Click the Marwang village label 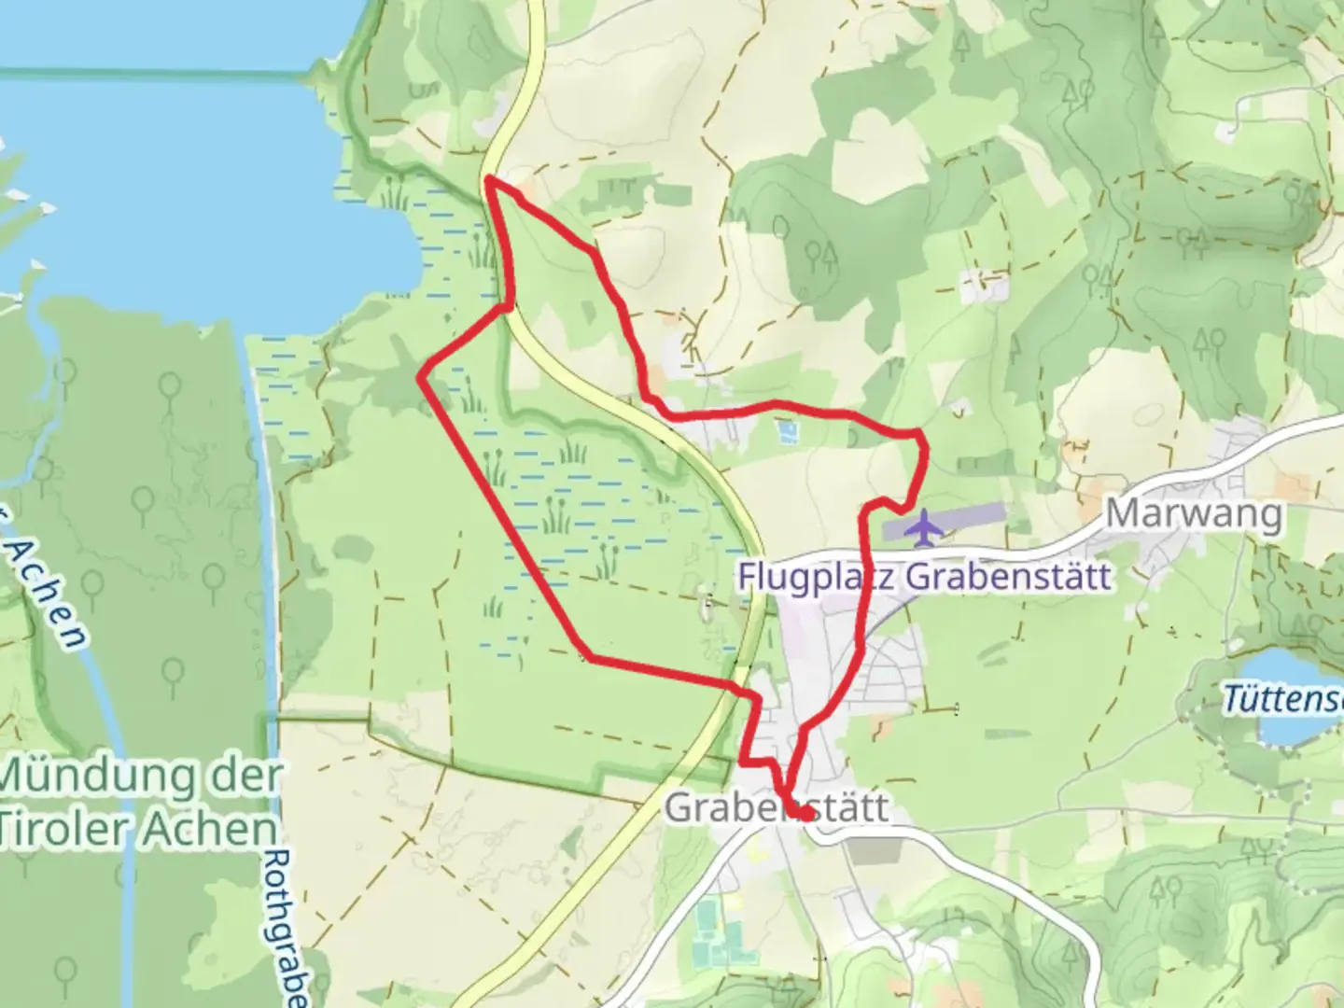1194,514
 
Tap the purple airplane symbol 924,527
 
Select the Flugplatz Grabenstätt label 924,576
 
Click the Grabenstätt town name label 777,808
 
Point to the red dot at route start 803,815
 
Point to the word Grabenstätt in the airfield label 1009,576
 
